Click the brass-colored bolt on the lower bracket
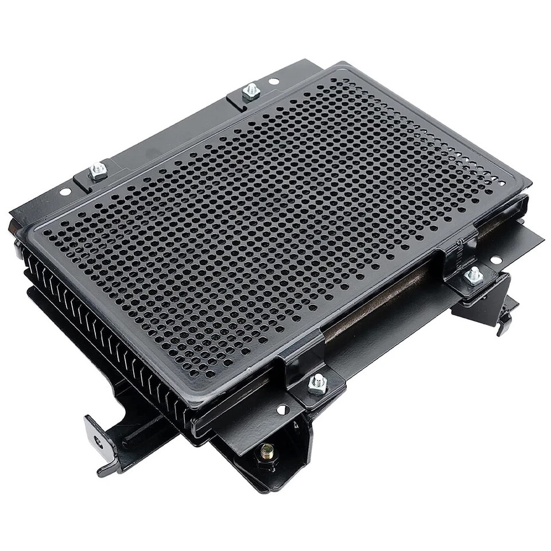click(x=266, y=450)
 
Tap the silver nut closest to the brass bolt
click(x=317, y=383)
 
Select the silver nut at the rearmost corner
click(x=250, y=91)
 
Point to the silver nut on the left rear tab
click(x=98, y=171)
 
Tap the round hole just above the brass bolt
click(x=282, y=410)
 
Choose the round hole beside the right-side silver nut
click(x=495, y=260)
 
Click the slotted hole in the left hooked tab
click(x=96, y=441)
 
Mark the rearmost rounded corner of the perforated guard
click(x=344, y=66)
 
